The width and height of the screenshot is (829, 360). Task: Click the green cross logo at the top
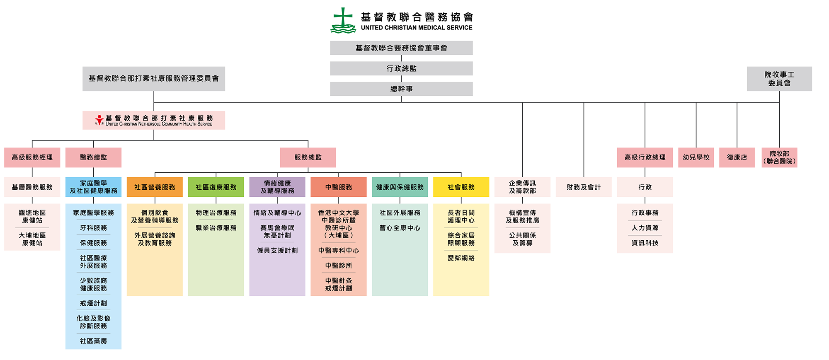343,20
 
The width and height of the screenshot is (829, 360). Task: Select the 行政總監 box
401,68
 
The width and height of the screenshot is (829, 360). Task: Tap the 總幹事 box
401,89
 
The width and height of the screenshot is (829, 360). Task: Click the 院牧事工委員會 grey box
779,79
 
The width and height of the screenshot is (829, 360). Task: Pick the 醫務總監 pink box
93,157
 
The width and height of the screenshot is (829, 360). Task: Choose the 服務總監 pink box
308,157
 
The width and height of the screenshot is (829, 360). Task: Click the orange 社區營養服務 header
155,187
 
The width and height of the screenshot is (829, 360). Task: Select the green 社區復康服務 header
216,187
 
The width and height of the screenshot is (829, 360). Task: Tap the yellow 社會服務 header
461,187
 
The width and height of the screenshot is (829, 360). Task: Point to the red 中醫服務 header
339,187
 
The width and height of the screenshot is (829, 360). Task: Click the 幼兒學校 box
696,157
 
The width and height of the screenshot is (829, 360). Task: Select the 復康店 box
737,157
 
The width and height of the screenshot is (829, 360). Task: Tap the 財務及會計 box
584,187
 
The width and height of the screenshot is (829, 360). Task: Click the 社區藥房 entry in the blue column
93,341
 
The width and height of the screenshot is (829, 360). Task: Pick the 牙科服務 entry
93,228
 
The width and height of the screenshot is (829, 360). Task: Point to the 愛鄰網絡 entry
461,258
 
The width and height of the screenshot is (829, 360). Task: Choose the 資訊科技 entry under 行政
645,243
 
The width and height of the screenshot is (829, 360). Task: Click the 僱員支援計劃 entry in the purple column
277,251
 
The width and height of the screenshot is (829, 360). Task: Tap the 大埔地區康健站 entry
32,239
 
